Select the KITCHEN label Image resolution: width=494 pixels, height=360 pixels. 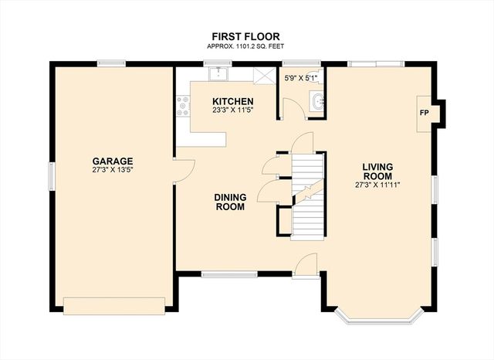coord(233,102)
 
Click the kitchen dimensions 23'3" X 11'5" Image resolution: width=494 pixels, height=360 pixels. coord(233,111)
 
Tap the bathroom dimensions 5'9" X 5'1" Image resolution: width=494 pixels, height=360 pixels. coord(300,78)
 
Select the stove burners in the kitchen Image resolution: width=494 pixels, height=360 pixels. coord(184,107)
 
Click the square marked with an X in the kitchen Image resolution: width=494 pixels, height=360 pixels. coord(264,76)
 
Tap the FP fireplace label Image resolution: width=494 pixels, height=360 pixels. coord(424,112)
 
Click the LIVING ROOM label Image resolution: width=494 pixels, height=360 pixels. coord(377,172)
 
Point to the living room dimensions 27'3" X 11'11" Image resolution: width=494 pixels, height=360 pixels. coord(377,185)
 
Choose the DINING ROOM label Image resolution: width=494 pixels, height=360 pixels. coord(229,202)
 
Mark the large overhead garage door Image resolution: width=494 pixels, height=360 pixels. coord(115,305)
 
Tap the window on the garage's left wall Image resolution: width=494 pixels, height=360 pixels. coord(52,175)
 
